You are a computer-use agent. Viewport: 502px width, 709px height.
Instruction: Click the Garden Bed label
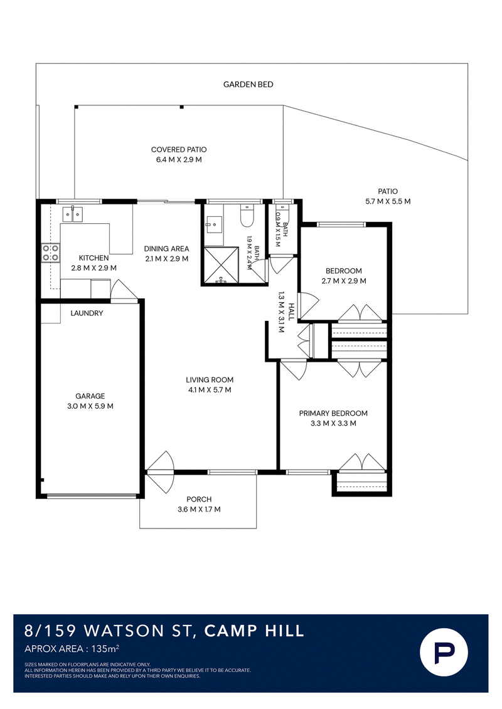coord(248,85)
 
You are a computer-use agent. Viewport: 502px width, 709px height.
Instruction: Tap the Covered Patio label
coord(179,150)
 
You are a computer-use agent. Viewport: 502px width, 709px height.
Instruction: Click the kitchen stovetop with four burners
coord(51,253)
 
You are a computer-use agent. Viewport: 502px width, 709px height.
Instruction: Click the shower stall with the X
coord(222,265)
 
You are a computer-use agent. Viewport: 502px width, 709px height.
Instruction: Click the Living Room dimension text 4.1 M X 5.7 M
coord(210,390)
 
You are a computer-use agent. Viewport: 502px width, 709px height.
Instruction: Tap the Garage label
coord(90,396)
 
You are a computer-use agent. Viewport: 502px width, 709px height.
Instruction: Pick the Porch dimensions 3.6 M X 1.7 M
coord(199,510)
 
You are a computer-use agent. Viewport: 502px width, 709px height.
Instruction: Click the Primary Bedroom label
coord(333,413)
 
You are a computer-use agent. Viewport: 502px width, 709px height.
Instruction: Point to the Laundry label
coord(87,313)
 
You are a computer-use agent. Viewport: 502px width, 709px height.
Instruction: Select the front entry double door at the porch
coord(160,472)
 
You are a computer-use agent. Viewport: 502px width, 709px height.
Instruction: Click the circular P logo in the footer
coord(444,652)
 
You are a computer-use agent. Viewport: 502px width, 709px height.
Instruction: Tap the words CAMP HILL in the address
coord(254,631)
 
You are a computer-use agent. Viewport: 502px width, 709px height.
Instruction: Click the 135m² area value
coord(105,649)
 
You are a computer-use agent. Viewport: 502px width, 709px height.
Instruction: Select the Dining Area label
coord(166,249)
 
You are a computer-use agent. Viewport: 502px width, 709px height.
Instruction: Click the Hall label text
coord(291,312)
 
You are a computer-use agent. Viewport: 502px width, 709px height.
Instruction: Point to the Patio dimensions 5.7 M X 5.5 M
coord(388,202)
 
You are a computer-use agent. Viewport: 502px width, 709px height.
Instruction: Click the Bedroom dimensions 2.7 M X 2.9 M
coord(344,281)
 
